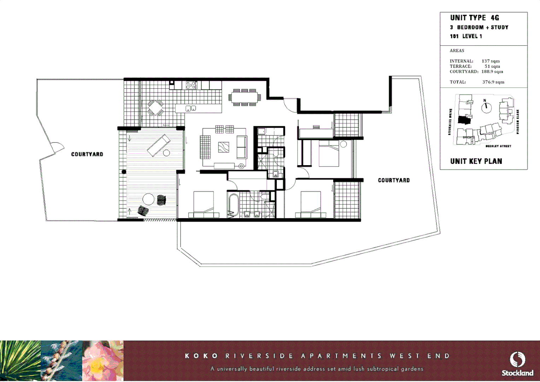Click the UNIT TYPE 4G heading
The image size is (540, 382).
(474, 18)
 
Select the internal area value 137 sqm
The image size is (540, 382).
(491, 61)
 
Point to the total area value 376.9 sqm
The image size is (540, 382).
(493, 82)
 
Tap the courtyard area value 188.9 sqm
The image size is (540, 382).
(492, 71)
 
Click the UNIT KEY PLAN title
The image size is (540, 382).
(476, 161)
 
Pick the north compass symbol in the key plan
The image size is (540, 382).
(486, 107)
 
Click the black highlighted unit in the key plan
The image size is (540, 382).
(464, 120)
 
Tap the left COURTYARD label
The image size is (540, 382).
(87, 154)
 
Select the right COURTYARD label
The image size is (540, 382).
(394, 180)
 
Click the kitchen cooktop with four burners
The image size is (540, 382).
(191, 85)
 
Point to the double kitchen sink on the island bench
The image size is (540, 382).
(191, 108)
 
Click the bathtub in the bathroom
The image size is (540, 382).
(233, 205)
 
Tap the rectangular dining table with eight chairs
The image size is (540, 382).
(244, 97)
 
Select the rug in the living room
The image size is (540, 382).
(223, 147)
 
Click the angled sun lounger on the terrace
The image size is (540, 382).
(158, 145)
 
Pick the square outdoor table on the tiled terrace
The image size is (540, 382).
(155, 108)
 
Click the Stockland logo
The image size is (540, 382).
(517, 364)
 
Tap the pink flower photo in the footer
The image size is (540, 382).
(103, 361)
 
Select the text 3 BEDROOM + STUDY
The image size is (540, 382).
(479, 27)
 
